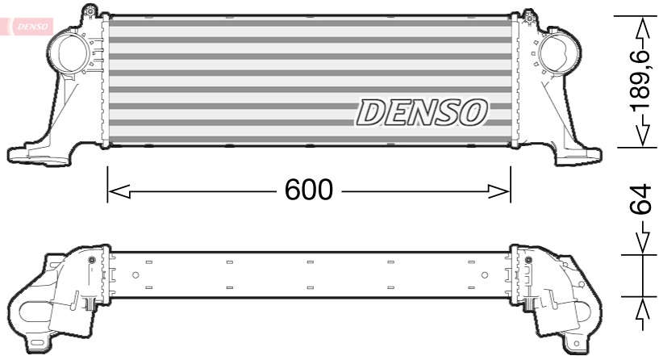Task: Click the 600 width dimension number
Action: point(309,190)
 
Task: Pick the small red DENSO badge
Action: point(31,25)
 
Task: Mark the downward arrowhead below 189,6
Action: point(641,135)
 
